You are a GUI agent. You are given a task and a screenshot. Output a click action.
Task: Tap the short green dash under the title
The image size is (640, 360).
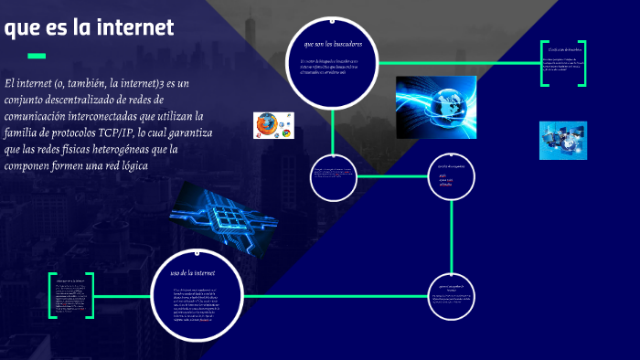[37, 55]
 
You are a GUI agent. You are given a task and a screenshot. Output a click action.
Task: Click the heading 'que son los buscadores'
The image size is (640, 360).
[332, 43]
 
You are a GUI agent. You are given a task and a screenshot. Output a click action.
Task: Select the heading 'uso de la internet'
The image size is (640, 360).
[193, 272]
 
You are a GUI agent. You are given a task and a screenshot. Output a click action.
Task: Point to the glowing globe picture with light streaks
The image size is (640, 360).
[436, 107]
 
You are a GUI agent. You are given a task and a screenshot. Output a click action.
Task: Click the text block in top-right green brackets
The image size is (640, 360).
[561, 62]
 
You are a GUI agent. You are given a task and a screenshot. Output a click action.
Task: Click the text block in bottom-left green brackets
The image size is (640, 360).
[71, 295]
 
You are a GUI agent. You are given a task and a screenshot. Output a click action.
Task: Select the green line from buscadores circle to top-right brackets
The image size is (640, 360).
[457, 63]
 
